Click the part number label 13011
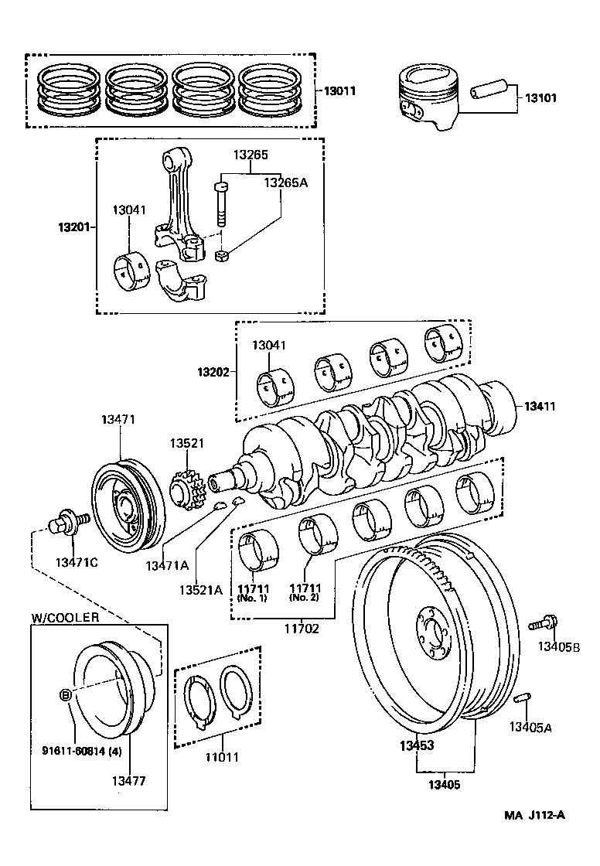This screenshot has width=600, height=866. [339, 90]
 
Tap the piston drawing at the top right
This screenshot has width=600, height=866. [424, 97]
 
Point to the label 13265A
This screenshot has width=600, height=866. [285, 182]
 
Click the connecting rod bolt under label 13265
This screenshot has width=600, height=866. [221, 203]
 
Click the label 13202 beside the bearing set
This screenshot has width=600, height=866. [213, 372]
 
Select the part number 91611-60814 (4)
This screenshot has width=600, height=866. [76, 749]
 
